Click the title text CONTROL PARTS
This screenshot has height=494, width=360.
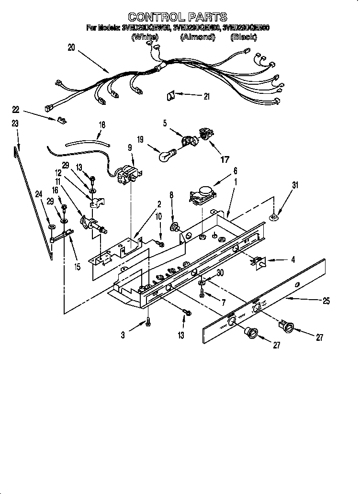(x=177, y=18)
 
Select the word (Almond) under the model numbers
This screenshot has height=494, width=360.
(x=197, y=37)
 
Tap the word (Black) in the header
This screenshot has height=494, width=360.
(x=244, y=37)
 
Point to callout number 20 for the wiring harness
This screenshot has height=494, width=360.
(x=71, y=47)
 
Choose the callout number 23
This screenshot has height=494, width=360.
(x=15, y=123)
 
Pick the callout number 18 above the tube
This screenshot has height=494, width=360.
(x=101, y=124)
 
